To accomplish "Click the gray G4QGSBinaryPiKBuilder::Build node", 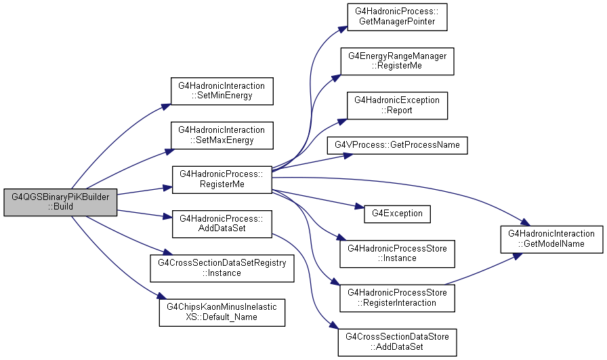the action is point(60,202).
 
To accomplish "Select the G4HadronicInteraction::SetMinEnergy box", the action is point(222,91).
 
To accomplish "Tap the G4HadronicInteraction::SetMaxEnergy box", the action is point(222,135).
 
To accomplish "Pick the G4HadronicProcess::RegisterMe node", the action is point(222,180).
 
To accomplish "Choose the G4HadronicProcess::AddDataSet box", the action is point(222,224).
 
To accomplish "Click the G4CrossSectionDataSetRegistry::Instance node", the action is point(222,268).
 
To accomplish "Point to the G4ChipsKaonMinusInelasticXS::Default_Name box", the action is point(222,313).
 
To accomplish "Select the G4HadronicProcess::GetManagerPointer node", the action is point(397,17).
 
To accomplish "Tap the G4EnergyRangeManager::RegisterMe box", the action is point(397,61).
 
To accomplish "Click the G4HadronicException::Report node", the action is point(397,105).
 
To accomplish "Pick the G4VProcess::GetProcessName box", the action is point(397,145).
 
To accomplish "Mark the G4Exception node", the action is point(397,214).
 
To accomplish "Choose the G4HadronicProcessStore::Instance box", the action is point(397,254).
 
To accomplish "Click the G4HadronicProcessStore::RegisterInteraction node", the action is point(397,298).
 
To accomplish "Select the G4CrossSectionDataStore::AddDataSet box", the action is point(397,342).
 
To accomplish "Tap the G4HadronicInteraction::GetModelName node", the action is point(551,239).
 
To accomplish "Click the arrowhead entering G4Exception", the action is point(359,207).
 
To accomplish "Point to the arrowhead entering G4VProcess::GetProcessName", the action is point(348,156).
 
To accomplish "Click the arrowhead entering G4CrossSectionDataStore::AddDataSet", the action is point(335,327).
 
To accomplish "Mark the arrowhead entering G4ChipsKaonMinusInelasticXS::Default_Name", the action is point(162,296).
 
